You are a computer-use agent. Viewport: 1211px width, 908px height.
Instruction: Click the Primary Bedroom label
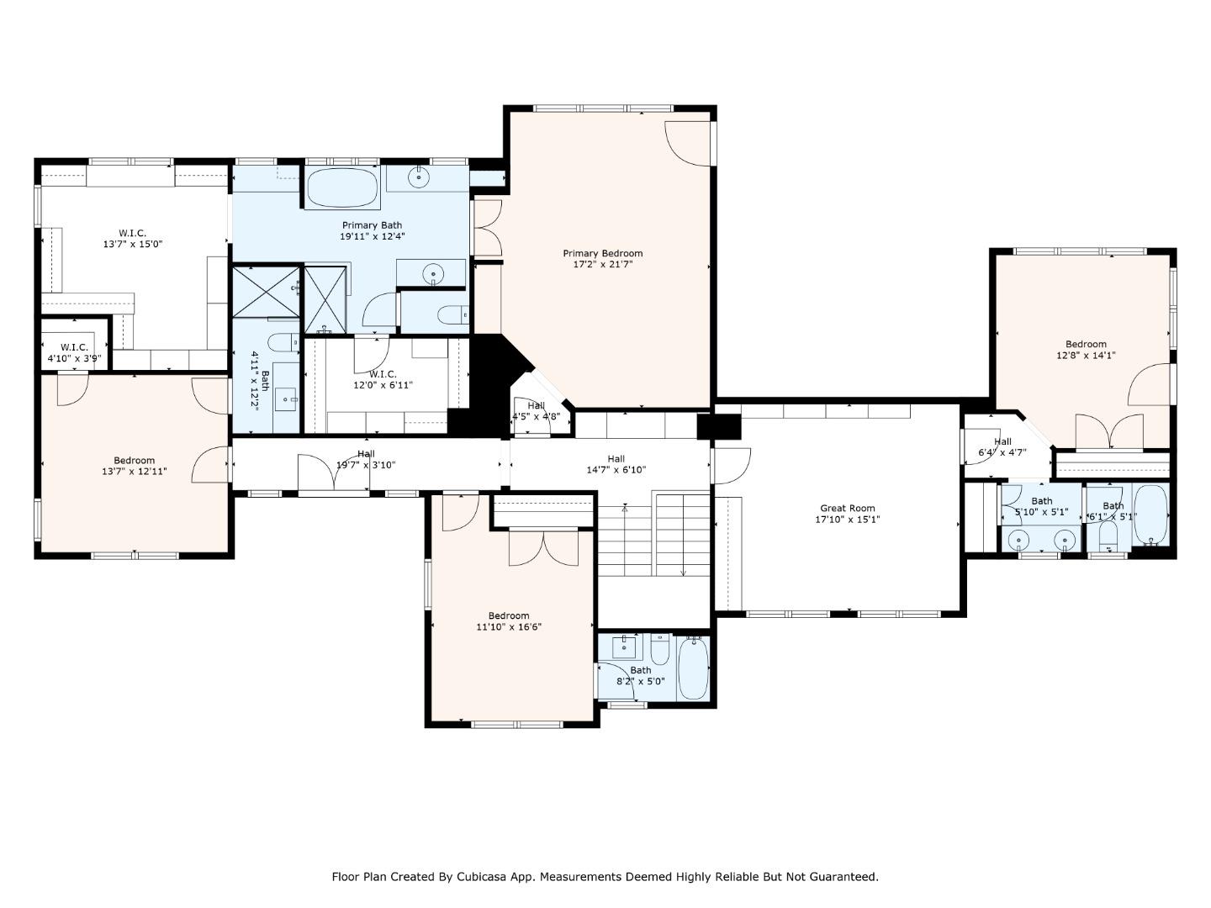(602, 253)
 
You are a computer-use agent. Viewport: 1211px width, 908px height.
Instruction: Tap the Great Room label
(847, 508)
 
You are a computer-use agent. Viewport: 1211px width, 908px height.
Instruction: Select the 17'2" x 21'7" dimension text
(602, 265)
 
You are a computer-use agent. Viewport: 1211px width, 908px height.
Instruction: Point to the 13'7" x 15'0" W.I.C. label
(132, 239)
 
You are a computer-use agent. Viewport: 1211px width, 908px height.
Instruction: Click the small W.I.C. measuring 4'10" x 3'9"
(74, 352)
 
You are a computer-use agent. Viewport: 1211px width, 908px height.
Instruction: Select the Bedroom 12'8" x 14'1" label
(1086, 349)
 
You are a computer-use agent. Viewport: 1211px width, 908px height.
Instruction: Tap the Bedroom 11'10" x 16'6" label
(509, 620)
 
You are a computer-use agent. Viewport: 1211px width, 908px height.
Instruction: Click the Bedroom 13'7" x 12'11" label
(135, 466)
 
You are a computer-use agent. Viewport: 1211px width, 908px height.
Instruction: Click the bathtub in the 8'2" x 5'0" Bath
(694, 668)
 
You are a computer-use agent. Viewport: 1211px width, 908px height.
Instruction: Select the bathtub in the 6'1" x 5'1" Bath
(1150, 515)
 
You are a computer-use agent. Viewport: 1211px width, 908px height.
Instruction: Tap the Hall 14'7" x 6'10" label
(616, 464)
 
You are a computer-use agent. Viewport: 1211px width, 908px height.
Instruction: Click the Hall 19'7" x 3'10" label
(366, 459)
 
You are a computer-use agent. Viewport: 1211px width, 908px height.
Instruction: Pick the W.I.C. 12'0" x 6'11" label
(383, 380)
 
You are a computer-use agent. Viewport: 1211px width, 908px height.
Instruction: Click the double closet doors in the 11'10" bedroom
(544, 547)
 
